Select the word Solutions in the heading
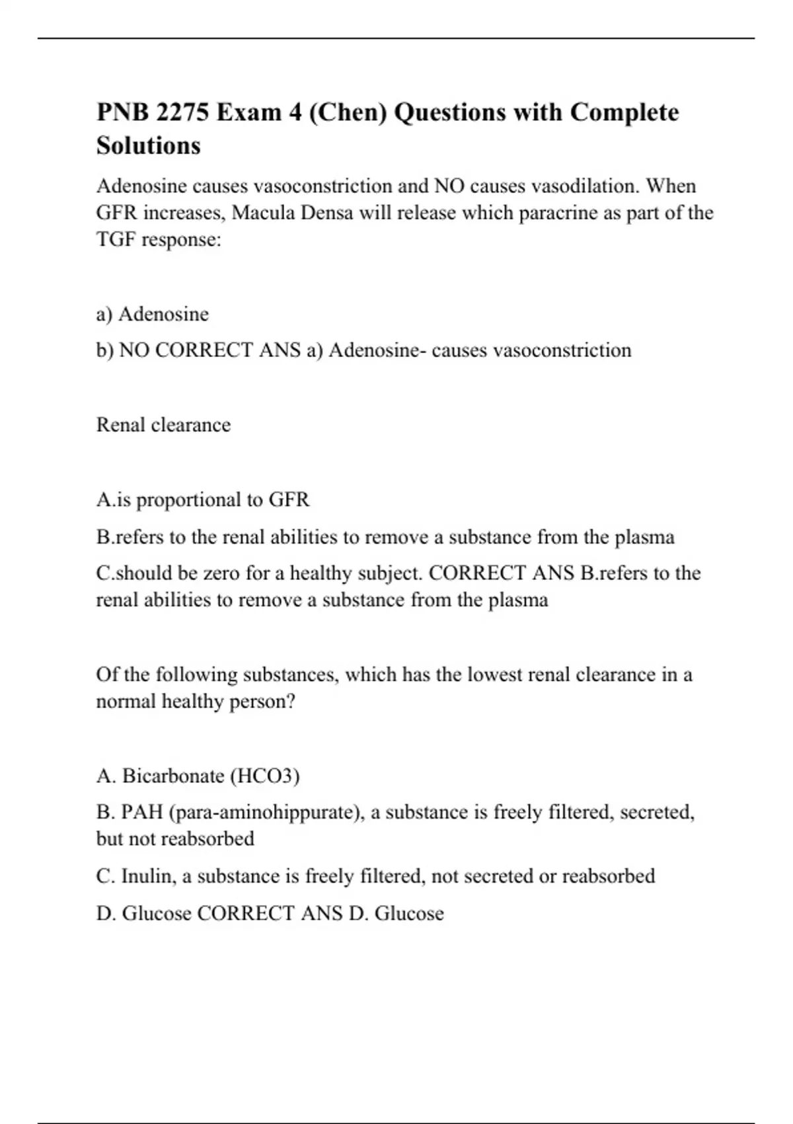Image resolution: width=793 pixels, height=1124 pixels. click(148, 145)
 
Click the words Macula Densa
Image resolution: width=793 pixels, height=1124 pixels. click(292, 213)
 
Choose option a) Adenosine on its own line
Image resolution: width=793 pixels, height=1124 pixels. click(153, 314)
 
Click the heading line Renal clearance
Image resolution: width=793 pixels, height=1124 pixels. click(163, 424)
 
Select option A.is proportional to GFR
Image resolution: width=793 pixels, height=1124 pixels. click(202, 500)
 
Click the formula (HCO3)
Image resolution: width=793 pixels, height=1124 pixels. click(265, 776)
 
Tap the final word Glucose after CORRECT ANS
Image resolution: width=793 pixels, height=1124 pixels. click(409, 914)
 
